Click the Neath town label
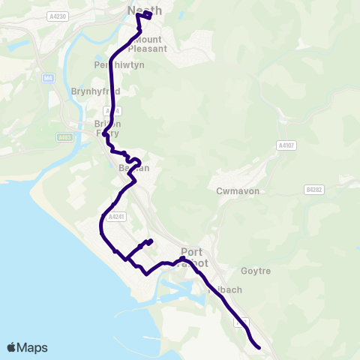[x=145, y=10]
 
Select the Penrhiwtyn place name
[x=118, y=65]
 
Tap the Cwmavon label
[x=238, y=191]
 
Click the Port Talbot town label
[x=197, y=258]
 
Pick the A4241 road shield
[x=115, y=216]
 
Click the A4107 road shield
[x=285, y=145]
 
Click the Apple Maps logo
[x=27, y=347]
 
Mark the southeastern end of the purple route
[x=259, y=347]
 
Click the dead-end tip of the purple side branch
[x=151, y=241]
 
